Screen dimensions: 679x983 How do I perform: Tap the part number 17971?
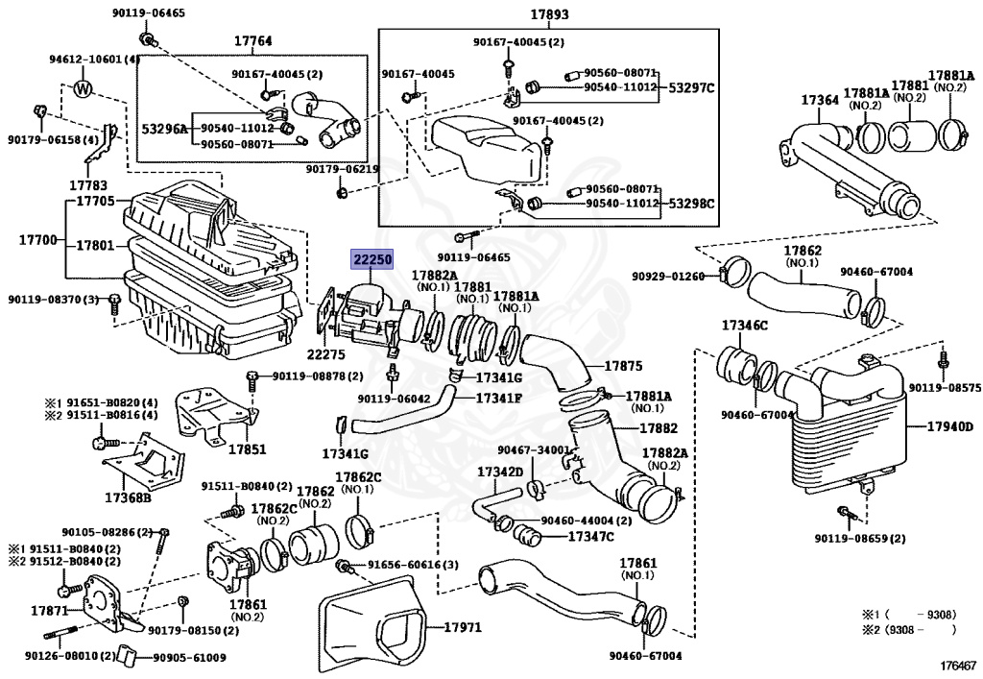(x=464, y=627)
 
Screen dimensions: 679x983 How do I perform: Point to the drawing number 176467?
(x=956, y=664)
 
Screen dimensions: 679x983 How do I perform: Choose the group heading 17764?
(x=252, y=40)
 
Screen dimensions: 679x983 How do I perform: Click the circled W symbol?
(x=84, y=89)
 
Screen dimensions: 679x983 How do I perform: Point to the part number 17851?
(x=247, y=449)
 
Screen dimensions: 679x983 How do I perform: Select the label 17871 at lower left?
(x=49, y=610)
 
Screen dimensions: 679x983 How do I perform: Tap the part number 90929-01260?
(x=668, y=277)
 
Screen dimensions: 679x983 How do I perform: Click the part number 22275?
(x=325, y=355)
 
